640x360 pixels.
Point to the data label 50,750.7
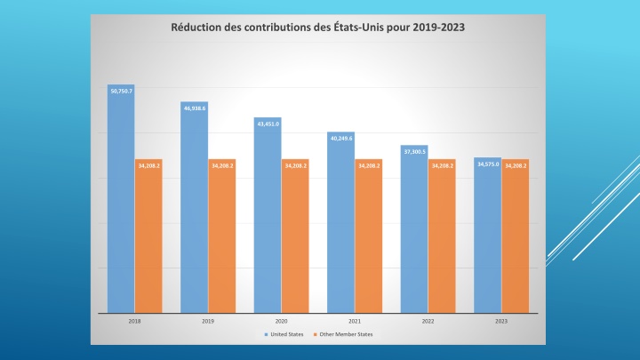(121, 91)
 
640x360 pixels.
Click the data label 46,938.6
(194, 108)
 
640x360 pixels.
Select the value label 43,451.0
(268, 124)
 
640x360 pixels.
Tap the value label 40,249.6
(340, 139)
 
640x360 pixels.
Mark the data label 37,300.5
(414, 152)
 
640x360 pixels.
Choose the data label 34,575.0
(487, 164)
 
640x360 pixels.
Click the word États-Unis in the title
(363, 27)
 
